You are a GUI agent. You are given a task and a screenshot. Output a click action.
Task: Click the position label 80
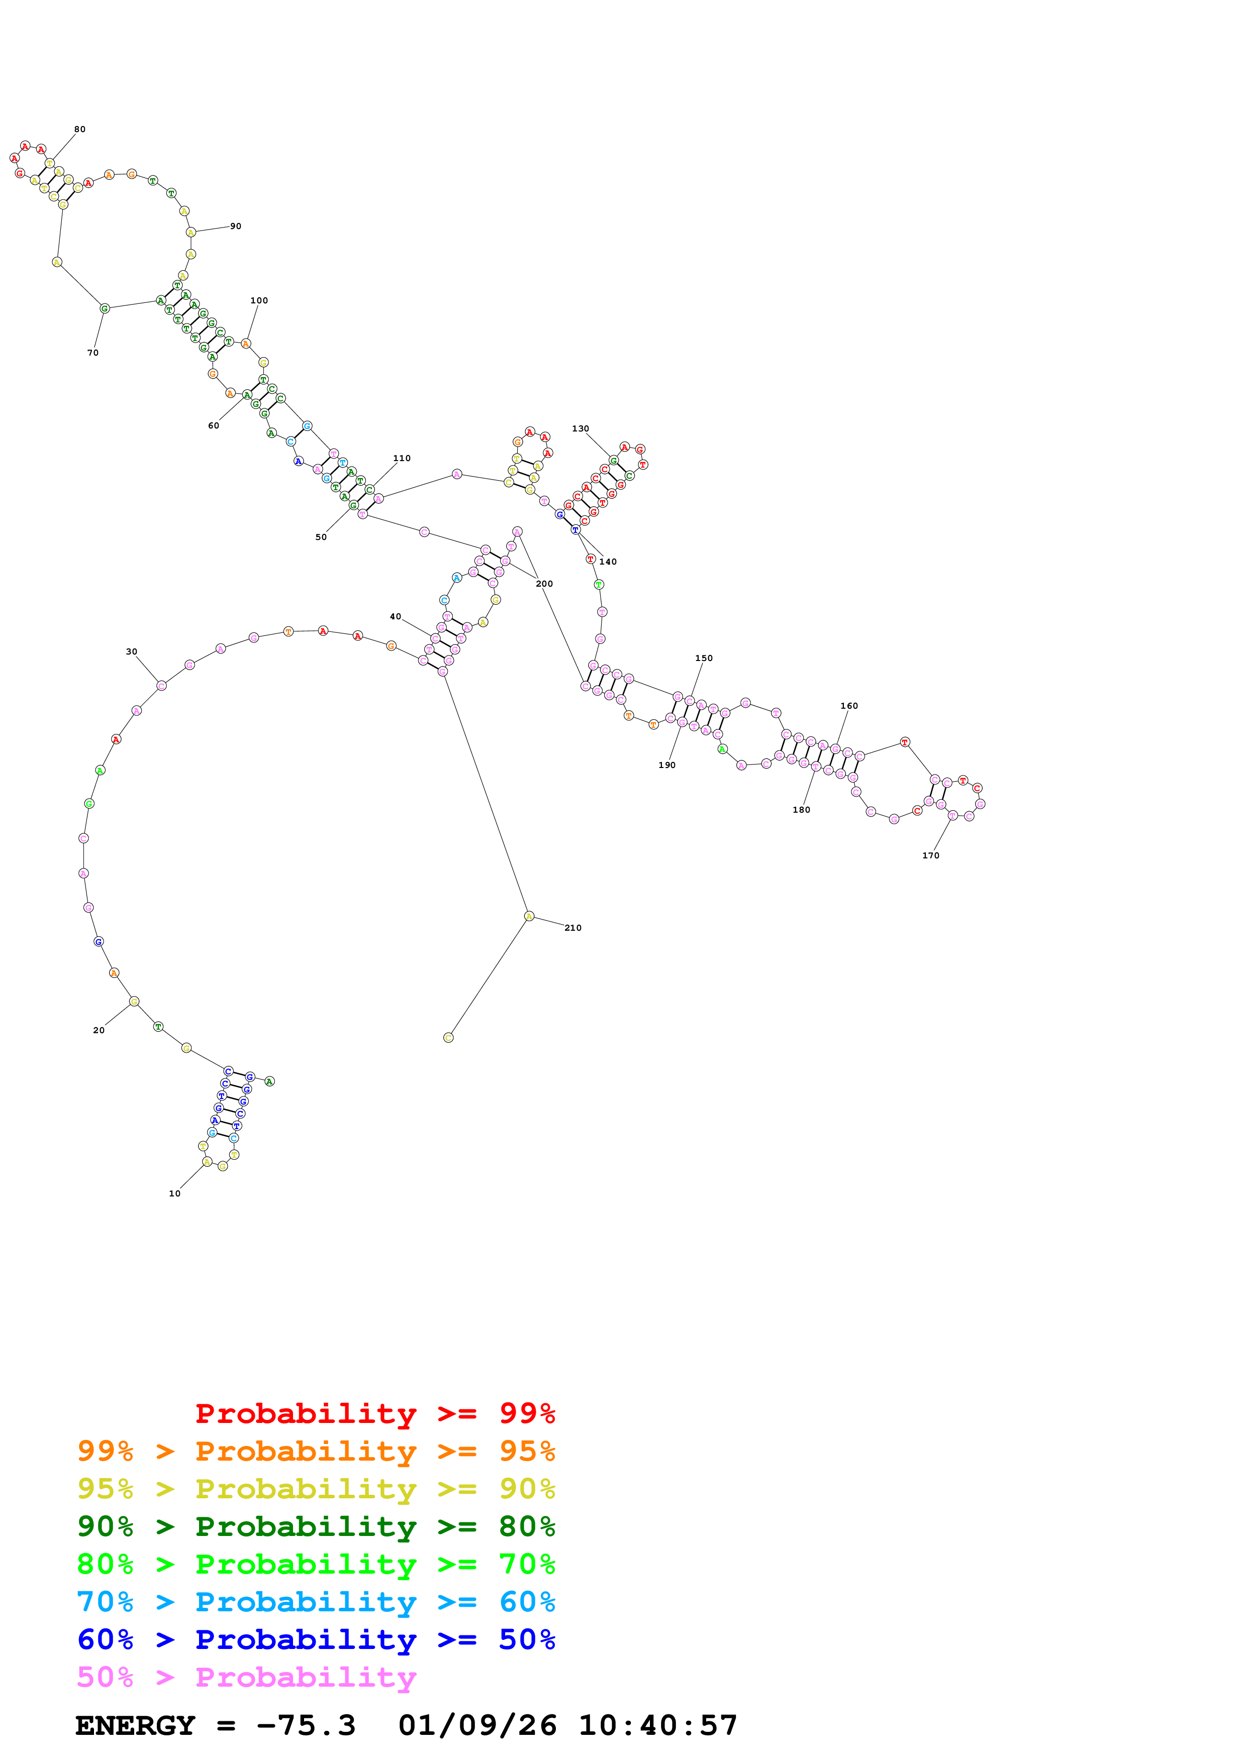tap(80, 129)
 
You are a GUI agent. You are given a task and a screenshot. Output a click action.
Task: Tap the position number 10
tap(175, 1193)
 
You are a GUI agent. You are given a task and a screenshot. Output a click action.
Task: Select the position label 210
tap(572, 928)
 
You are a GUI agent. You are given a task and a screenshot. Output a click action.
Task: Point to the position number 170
tap(930, 856)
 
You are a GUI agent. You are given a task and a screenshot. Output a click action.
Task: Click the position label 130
tap(581, 429)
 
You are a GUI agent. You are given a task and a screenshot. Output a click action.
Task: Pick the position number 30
tap(131, 651)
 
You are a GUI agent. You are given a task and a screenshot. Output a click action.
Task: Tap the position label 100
tap(259, 301)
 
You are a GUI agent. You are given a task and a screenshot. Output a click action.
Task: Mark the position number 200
tap(544, 584)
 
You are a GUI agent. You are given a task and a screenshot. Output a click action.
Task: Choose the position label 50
tap(321, 537)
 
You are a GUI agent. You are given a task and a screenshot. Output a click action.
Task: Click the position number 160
tap(849, 706)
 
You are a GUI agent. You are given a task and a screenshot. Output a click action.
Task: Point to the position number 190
tap(667, 765)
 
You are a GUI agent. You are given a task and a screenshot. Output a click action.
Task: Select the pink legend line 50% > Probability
tap(246, 1678)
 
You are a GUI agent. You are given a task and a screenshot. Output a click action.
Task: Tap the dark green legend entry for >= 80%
tap(316, 1526)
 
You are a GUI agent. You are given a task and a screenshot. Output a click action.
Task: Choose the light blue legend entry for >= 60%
tap(316, 1602)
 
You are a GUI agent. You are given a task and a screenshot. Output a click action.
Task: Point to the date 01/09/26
tap(477, 1726)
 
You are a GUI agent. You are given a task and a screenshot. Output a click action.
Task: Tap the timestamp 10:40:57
tap(657, 1726)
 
